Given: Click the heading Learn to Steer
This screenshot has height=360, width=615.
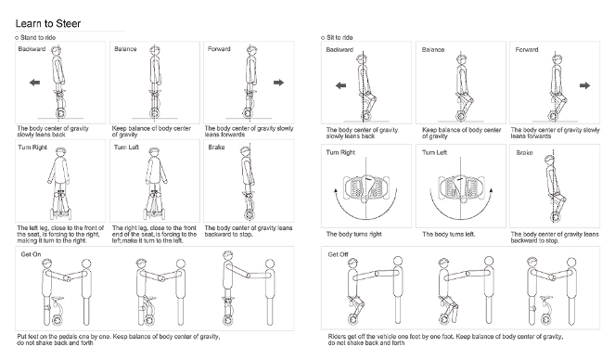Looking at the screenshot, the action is tap(48, 23).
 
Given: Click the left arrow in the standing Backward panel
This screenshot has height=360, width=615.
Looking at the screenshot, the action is tap(34, 83).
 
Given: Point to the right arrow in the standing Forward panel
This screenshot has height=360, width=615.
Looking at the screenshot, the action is tap(278, 83).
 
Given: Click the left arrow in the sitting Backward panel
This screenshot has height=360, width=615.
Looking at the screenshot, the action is tap(340, 85).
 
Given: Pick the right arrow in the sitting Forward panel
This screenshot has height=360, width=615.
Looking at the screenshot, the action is tap(584, 85).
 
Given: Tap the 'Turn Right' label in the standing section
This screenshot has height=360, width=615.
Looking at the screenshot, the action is tap(32, 148).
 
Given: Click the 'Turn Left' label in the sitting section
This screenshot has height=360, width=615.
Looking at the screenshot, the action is tap(434, 152).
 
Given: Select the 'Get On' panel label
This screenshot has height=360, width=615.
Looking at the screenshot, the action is tap(31, 254).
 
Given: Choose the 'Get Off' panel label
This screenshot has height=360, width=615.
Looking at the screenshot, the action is tap(338, 254).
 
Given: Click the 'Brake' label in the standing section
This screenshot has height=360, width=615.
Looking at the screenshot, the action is tap(216, 148).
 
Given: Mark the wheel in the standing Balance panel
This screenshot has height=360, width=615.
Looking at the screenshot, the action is tap(155, 114).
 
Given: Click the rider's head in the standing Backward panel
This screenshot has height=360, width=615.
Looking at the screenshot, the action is tap(58, 50).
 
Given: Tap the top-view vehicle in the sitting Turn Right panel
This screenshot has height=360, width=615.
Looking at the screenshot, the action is tap(365, 187).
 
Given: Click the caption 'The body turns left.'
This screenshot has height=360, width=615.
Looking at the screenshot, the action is tap(449, 235).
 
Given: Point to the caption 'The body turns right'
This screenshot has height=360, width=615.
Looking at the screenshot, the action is tap(353, 235).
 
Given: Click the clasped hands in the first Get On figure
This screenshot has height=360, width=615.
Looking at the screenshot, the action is tap(67, 278).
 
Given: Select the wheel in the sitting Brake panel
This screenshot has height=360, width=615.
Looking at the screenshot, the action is tap(555, 217).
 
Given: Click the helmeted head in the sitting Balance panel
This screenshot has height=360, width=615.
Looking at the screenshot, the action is tap(461, 59).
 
